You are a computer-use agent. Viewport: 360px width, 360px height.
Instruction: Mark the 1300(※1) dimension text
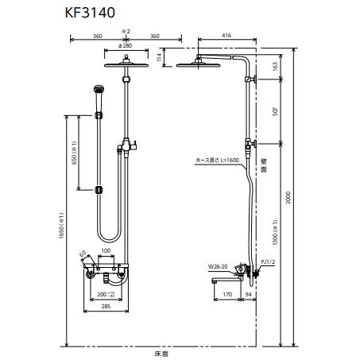pos(275,230)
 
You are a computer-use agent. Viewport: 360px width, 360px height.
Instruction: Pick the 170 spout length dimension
pos(227,295)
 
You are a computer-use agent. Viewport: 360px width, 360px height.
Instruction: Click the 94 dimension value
pos(248,295)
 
